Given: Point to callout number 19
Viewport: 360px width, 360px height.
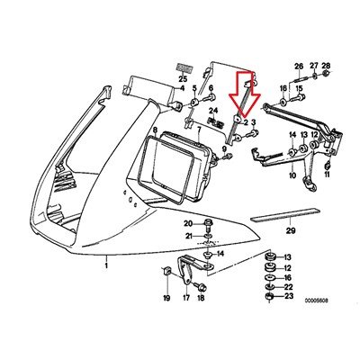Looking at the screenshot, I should [x=166, y=297].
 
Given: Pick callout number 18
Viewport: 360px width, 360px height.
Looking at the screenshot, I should [x=201, y=297].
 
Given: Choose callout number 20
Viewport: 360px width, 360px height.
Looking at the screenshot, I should [x=189, y=222].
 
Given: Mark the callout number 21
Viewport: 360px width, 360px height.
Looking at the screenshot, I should [x=189, y=236].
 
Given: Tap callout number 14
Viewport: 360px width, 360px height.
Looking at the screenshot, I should [x=221, y=256].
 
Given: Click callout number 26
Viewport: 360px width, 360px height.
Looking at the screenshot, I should [x=299, y=67].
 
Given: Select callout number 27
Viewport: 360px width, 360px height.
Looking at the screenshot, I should [x=313, y=67].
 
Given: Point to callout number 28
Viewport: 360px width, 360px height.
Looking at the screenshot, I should [x=326, y=67].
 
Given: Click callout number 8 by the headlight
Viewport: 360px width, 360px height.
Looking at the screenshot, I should [x=155, y=130].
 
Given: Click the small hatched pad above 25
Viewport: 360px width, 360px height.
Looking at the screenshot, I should [x=184, y=67].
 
